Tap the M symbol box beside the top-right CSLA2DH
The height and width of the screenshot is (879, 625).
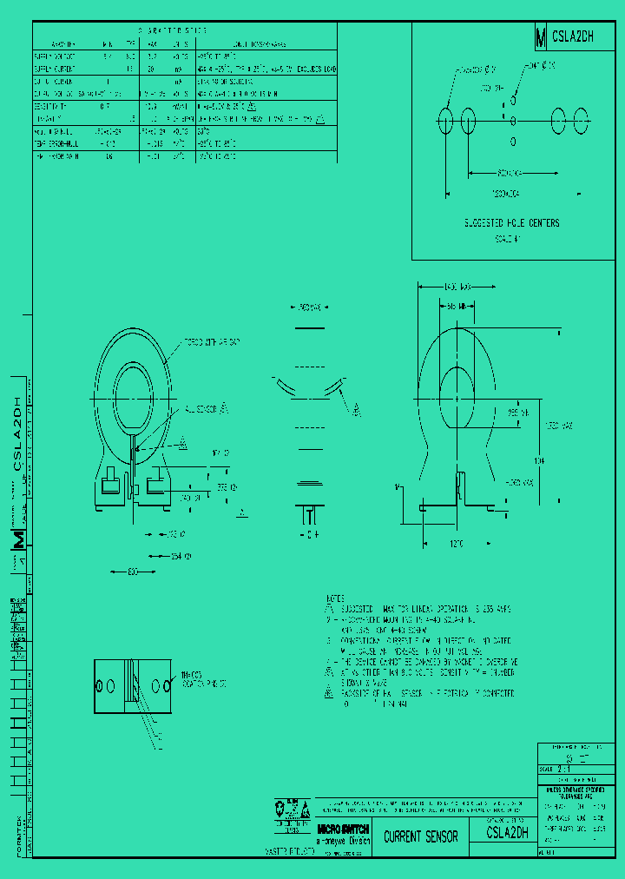[541, 37]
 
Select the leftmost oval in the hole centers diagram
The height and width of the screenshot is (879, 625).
[446, 121]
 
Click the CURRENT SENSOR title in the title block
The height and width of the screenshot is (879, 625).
[420, 836]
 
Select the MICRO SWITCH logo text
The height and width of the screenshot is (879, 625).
[343, 829]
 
